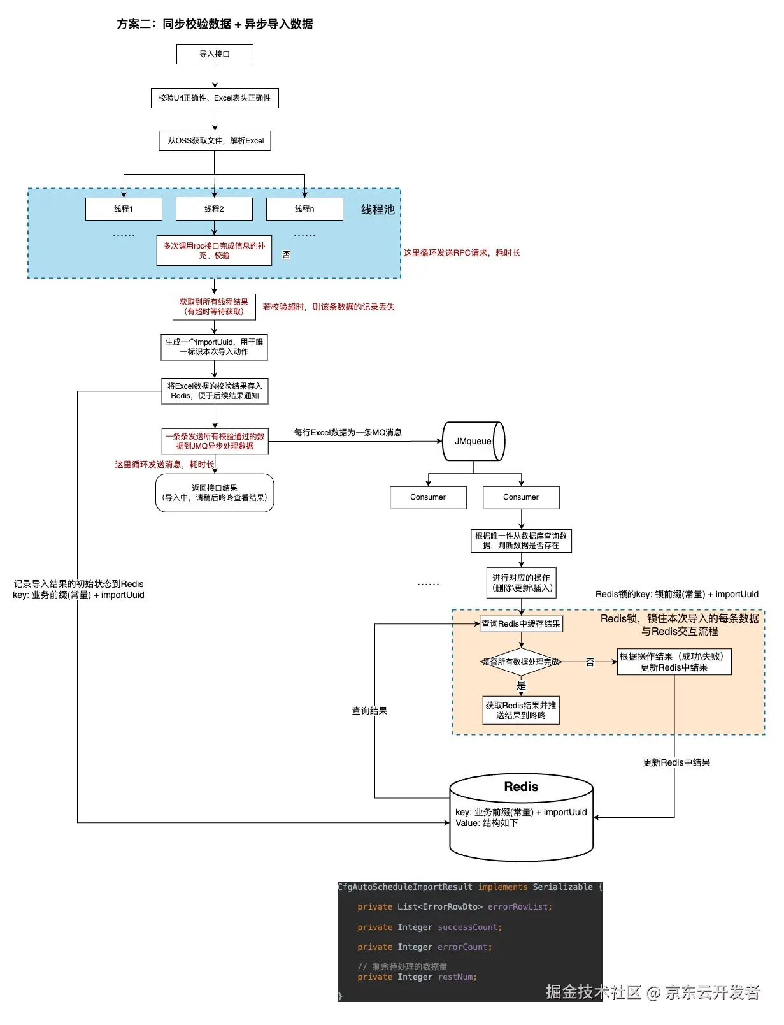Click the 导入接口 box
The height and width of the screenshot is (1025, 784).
215,54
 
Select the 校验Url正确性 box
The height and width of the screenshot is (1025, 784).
215,98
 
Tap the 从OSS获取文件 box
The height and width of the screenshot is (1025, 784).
215,141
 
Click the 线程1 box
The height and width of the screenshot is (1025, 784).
124,209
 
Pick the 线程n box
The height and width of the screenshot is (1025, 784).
304,209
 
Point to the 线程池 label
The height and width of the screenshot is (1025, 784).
378,210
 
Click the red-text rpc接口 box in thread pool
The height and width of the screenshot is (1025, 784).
214,251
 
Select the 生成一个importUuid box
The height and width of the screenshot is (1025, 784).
214,347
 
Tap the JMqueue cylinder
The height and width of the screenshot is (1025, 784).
474,441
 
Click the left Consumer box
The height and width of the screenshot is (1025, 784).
428,497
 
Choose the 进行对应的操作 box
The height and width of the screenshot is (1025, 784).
521,583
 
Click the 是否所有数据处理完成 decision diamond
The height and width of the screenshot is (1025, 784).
521,662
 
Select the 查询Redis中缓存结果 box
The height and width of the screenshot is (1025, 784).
521,624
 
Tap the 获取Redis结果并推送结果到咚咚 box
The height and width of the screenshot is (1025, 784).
521,710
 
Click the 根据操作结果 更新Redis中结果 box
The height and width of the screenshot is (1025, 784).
674,662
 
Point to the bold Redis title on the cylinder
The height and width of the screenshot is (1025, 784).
521,787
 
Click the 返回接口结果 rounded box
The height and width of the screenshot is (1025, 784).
215,493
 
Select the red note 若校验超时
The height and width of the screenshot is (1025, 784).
329,307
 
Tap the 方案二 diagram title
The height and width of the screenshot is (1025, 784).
215,24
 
